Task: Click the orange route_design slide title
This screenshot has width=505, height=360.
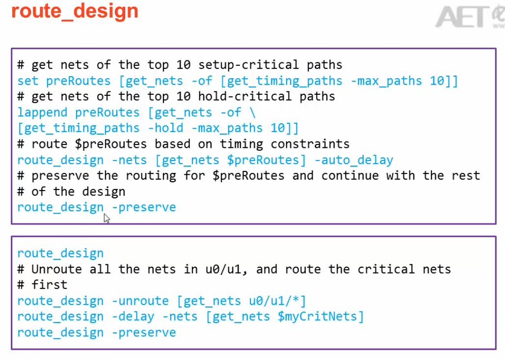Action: [x=75, y=11]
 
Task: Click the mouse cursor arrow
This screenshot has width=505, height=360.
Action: [x=106, y=218]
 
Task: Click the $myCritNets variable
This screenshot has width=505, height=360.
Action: [x=320, y=316]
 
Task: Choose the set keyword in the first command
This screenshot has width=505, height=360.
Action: [x=27, y=81]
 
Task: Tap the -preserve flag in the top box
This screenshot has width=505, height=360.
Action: [x=144, y=207]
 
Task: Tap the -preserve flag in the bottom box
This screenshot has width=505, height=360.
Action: [x=144, y=332]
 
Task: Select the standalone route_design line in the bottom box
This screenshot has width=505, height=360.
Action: [x=60, y=253]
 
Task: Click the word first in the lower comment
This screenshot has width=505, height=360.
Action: [x=49, y=285]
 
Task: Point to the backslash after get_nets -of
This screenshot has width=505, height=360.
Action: [x=253, y=112]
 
